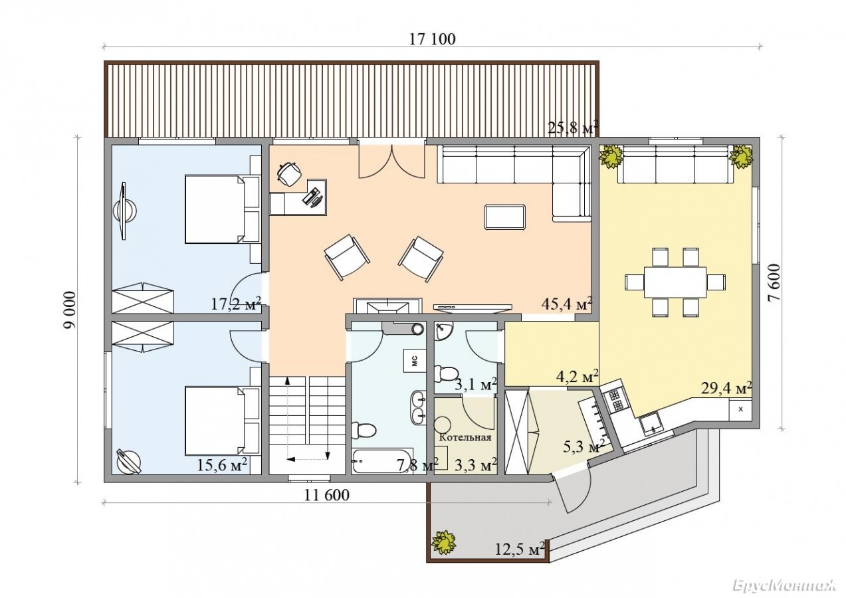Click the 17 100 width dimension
pos(433,39)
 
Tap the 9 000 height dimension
pos(70,310)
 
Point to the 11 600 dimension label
pos(327,495)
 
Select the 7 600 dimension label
pos(774,282)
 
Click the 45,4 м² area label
pos(566,303)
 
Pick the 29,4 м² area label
pos(726,387)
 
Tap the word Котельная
pos(465,438)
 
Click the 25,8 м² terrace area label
pos(573,128)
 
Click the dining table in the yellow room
pos(675,282)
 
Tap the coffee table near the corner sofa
pos(504,217)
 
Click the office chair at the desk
pos(289,173)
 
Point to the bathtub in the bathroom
pos(383,461)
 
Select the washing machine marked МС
pos(415,361)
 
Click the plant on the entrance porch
pos(443,542)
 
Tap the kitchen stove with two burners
pos(615,401)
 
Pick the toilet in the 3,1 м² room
pos(446,373)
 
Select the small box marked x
pos(740,409)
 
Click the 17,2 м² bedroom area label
pos(236,303)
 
